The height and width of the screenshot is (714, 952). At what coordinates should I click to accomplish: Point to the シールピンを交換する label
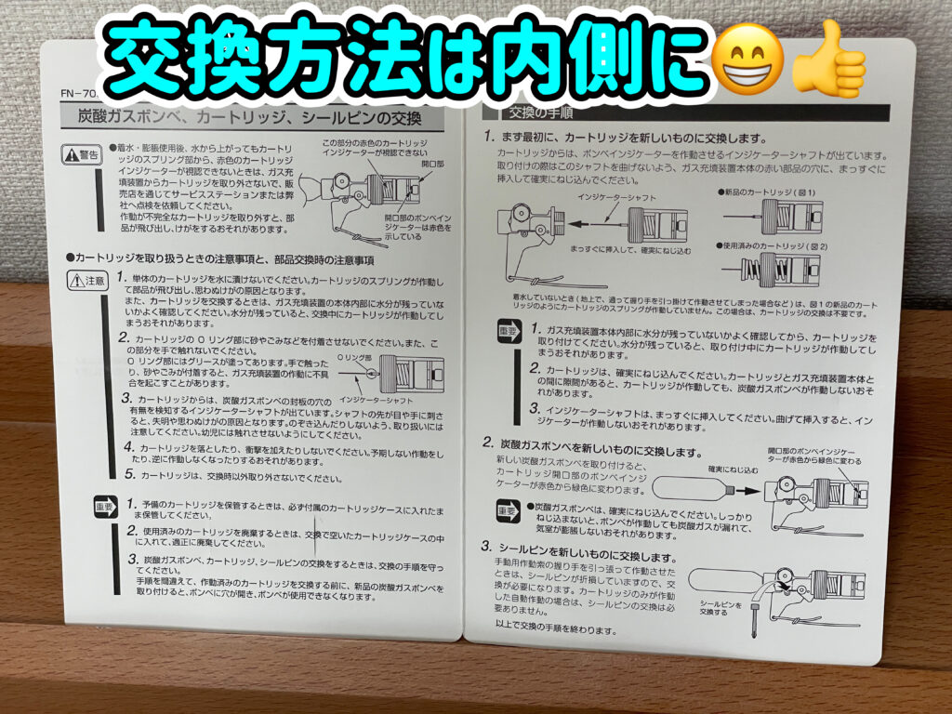(720, 609)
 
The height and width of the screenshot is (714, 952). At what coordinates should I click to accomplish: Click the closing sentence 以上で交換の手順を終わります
(556, 629)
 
